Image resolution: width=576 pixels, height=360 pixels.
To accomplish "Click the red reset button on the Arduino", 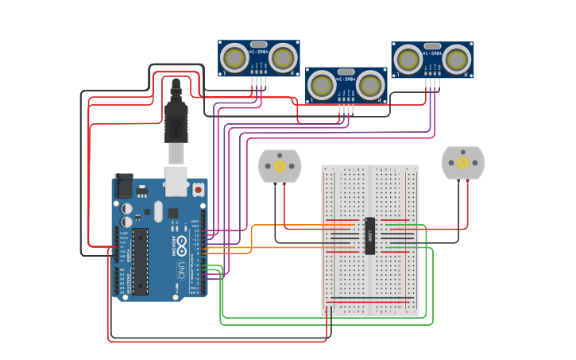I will (198, 190).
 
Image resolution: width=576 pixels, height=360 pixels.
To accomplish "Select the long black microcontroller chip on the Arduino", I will (140, 261).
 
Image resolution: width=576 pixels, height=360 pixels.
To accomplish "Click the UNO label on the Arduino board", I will (181, 269).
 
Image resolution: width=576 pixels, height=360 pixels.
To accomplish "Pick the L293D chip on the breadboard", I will (369, 235).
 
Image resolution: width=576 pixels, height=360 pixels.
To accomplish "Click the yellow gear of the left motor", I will (280, 166).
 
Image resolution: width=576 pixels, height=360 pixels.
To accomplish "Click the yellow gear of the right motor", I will (463, 162).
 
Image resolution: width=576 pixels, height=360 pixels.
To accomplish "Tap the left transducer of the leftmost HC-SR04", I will (235, 58).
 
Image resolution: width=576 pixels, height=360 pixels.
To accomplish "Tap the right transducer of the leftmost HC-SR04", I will (283, 58).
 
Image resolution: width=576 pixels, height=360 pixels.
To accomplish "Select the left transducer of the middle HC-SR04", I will (323, 85).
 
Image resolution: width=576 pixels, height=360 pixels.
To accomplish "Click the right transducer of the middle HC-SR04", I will (370, 85).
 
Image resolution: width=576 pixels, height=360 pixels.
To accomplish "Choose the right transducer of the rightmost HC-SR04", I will (456, 60).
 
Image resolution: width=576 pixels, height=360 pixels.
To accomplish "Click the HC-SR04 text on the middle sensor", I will (346, 79).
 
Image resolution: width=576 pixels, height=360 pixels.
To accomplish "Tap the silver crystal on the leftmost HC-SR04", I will (259, 45).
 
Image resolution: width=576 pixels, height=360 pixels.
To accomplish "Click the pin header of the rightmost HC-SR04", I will (432, 82).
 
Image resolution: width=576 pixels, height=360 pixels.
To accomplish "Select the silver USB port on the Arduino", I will (176, 176).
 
